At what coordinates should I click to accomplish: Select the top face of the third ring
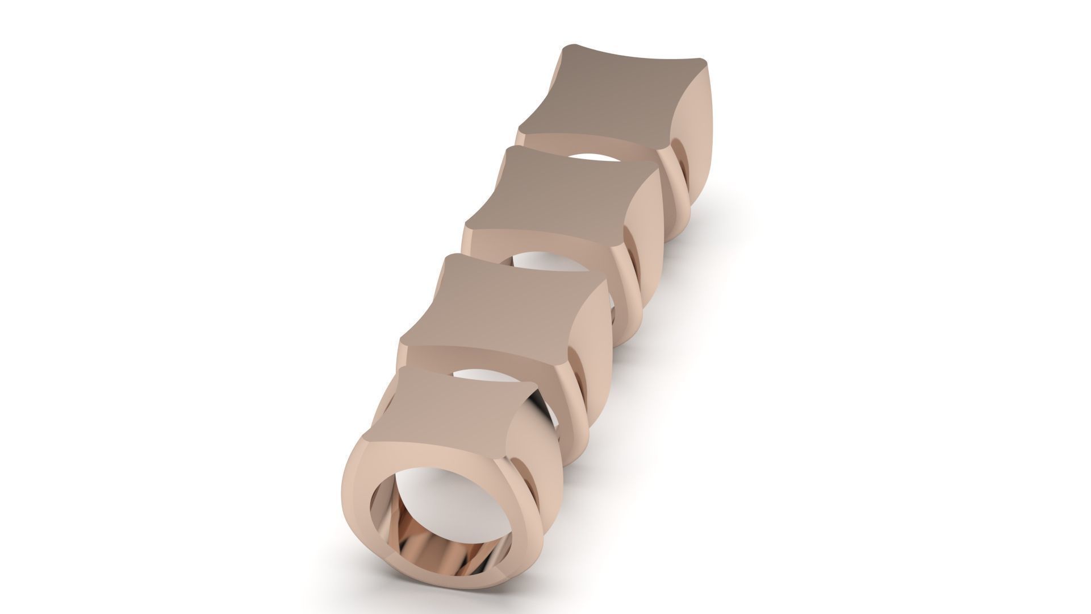562,205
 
